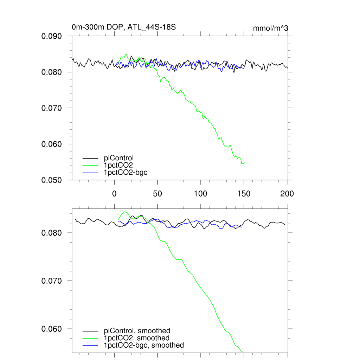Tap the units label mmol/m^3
270,28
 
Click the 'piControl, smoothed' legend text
137,330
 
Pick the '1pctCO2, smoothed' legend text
137,338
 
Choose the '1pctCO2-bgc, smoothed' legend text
144,345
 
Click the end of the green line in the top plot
244,162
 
